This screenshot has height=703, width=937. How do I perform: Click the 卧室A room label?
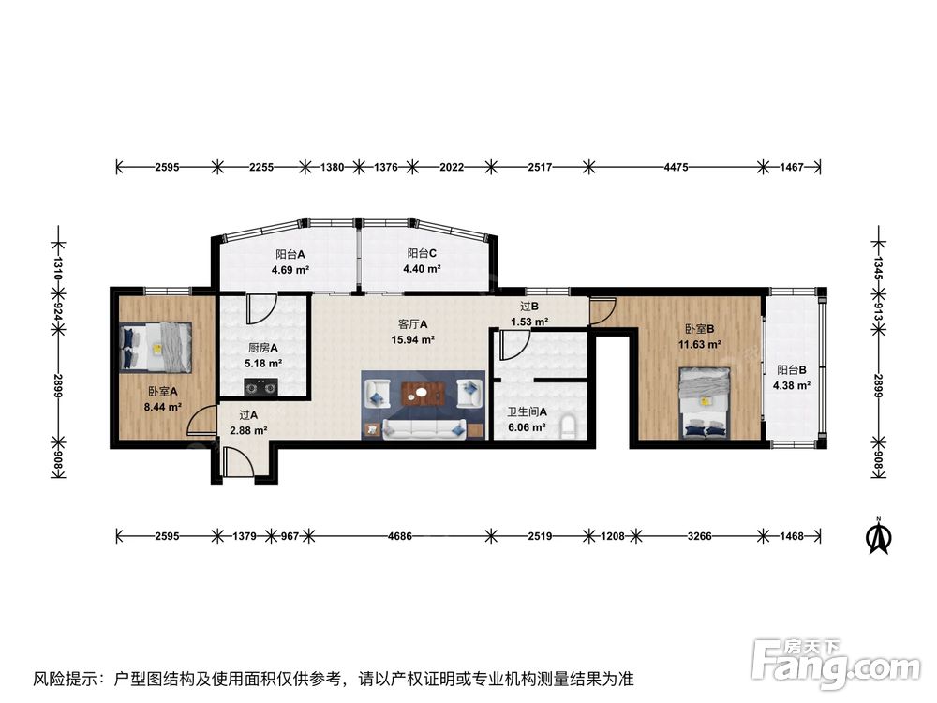[x=163, y=392]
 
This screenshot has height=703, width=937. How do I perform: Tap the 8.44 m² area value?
[x=163, y=407]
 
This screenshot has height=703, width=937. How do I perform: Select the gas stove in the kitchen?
[x=262, y=387]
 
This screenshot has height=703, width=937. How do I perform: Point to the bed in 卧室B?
[x=706, y=403]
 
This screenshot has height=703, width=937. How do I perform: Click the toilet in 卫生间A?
[x=570, y=428]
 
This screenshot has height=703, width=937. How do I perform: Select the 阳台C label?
[x=422, y=253]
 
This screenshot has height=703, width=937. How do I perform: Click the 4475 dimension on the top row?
[x=676, y=168]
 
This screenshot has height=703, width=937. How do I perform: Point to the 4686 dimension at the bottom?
[x=400, y=536]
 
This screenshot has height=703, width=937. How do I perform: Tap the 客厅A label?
[x=413, y=324]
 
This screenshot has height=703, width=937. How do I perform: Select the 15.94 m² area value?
[x=413, y=339]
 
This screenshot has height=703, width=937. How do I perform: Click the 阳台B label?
[x=792, y=370]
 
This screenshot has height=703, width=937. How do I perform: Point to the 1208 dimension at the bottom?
[x=613, y=536]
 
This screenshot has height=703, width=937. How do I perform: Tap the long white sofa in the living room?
[x=424, y=428]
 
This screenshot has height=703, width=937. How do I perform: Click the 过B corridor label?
[x=529, y=307]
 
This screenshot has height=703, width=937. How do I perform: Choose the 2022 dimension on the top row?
[x=452, y=168]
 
